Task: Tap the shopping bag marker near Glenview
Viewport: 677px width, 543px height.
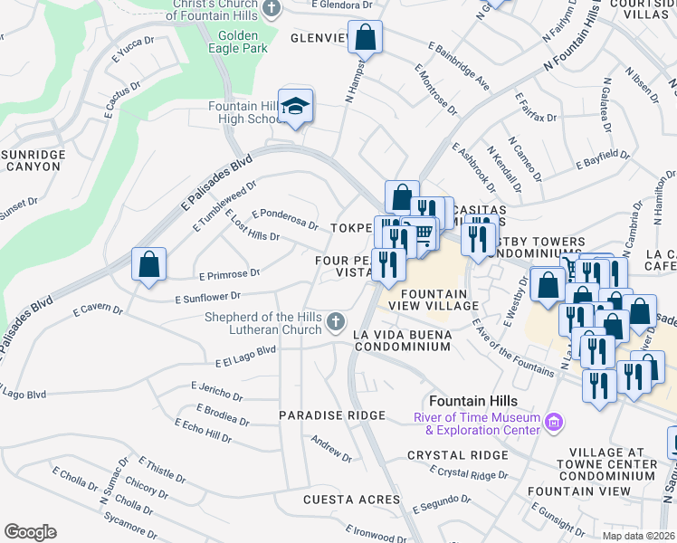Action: click(365, 38)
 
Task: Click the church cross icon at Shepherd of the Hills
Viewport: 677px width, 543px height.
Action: click(335, 321)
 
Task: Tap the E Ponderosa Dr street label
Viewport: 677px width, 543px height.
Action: click(285, 218)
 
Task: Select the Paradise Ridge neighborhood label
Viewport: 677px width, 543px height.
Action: click(332, 415)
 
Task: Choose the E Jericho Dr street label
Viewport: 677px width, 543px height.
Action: click(217, 391)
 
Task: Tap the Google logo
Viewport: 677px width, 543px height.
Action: click(30, 532)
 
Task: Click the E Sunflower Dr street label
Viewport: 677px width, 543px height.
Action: click(207, 296)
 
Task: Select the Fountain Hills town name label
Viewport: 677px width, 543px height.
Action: click(473, 401)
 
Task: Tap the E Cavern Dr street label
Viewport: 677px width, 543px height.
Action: click(93, 310)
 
